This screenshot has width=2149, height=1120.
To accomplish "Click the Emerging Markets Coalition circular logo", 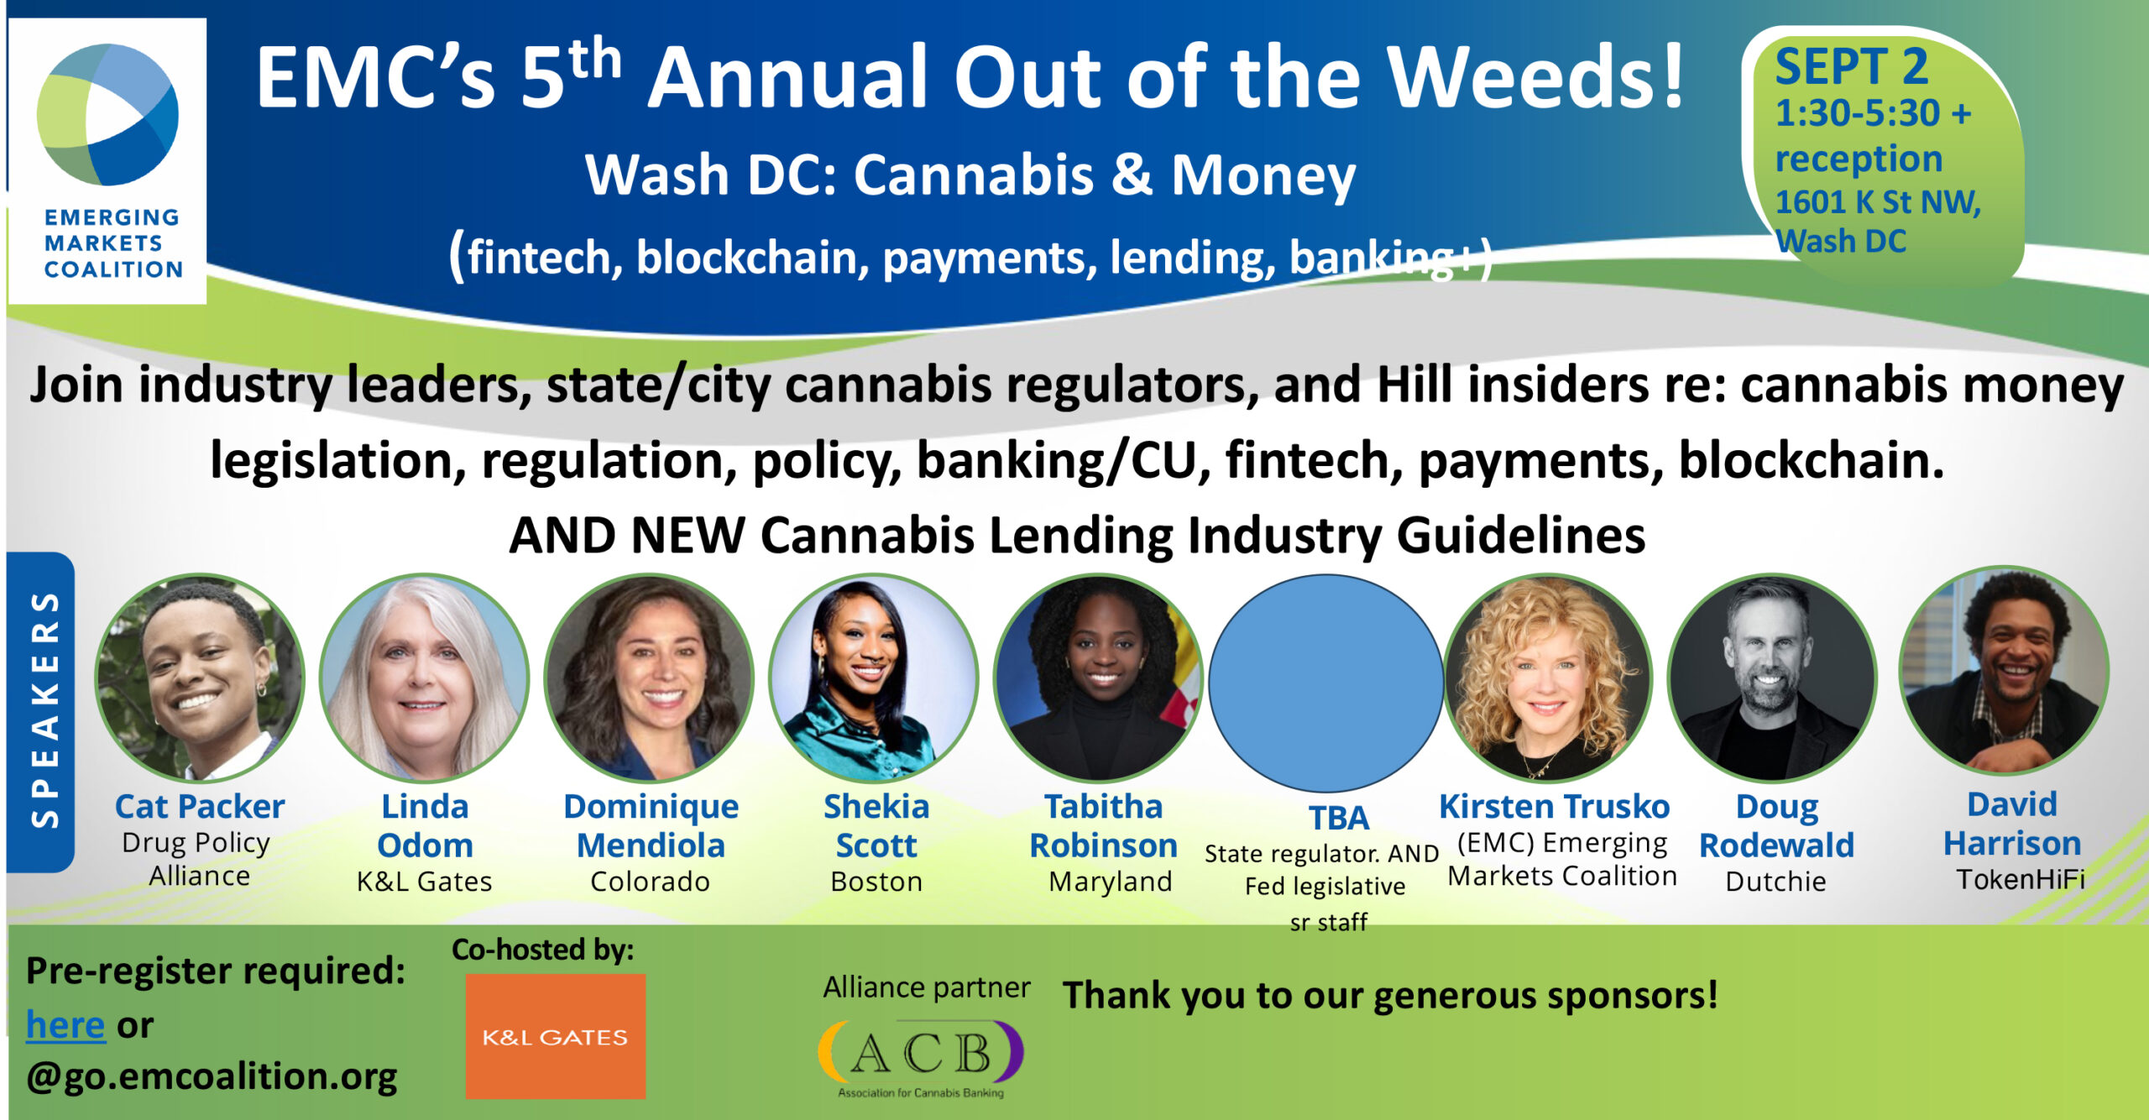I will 107,114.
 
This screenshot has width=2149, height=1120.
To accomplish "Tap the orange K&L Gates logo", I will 555,1036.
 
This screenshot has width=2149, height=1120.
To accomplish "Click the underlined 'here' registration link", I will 65,1024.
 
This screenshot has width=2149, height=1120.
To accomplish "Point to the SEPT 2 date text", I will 1851,67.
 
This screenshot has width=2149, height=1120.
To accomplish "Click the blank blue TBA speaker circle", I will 1325,682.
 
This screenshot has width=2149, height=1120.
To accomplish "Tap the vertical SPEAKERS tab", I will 42,710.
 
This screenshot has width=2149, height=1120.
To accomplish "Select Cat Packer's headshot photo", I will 200,678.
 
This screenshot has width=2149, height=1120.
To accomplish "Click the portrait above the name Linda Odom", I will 425,678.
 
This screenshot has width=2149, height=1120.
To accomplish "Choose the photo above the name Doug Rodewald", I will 1771,678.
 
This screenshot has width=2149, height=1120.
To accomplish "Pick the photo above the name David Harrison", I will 2004,672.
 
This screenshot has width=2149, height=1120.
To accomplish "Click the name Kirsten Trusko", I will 1554,806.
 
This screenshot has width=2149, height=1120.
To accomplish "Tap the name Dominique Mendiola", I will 651,825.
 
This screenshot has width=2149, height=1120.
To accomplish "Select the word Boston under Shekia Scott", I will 876,882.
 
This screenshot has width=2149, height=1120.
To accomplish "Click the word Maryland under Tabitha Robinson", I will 1110,882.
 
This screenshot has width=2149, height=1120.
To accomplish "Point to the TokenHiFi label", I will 2020,879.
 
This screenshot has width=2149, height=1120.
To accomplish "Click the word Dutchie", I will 1775,882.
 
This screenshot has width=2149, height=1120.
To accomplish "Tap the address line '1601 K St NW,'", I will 1878,201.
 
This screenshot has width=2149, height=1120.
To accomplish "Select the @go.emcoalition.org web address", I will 212,1076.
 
